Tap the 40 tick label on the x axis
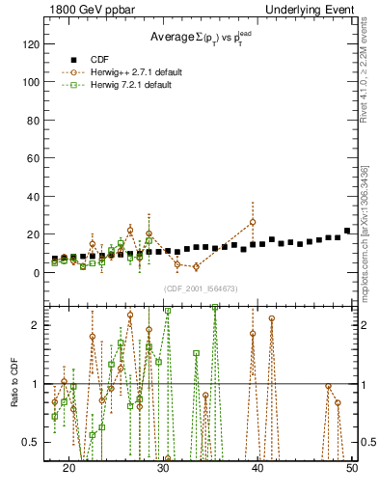pos(258,467)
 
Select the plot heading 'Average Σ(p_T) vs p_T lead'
pos(199,38)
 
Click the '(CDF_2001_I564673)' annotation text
pos(200,289)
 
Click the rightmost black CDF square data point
pos(347,232)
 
